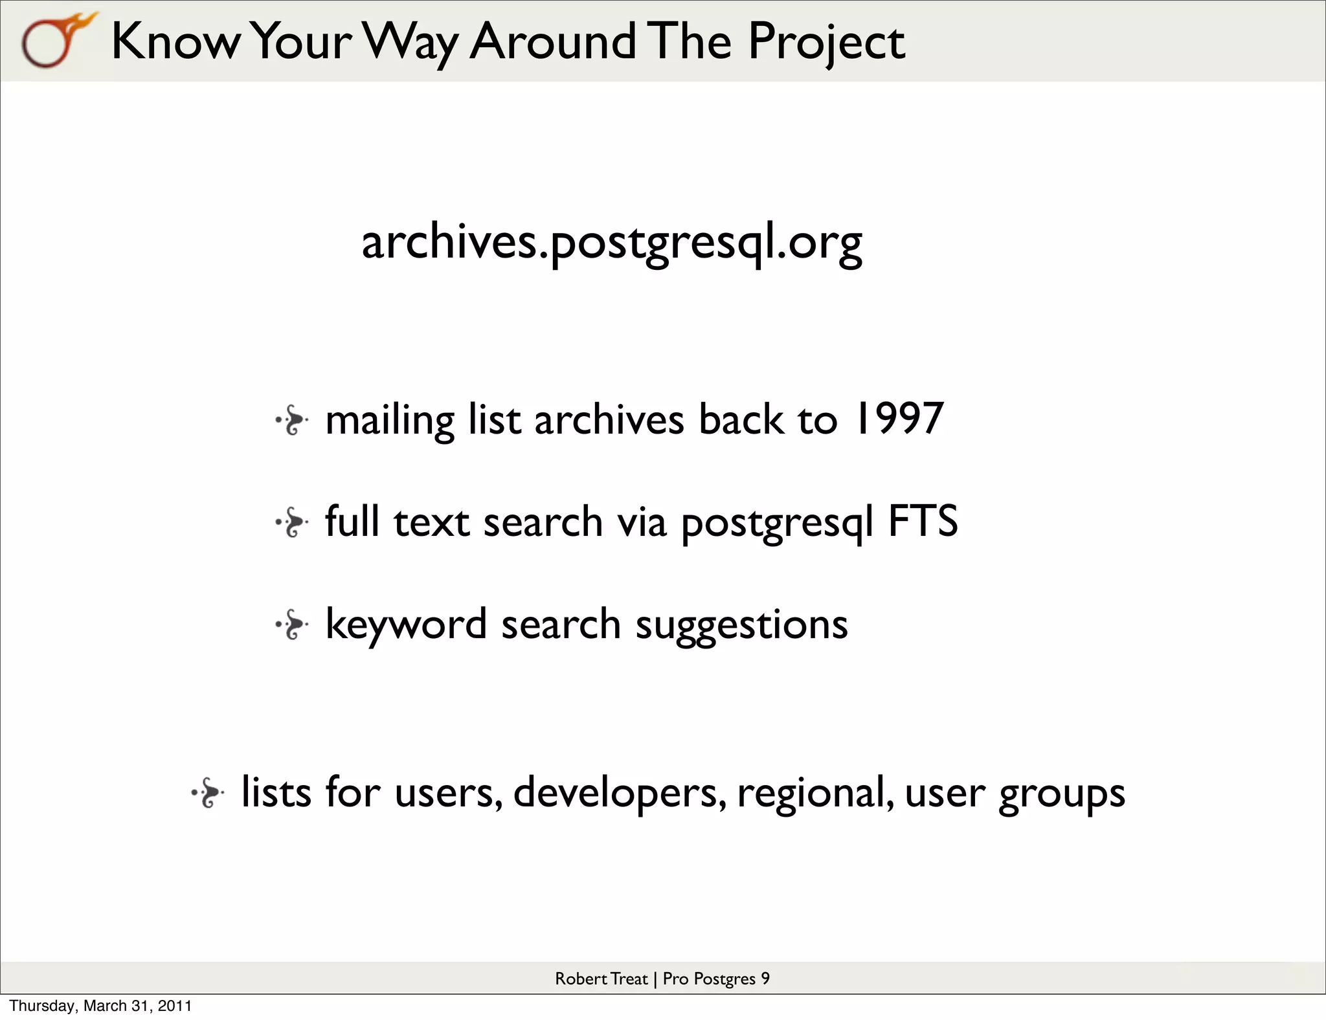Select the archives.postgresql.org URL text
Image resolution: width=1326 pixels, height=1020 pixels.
611,242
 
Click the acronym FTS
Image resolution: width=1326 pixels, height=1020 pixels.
922,521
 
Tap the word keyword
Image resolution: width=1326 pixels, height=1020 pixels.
405,625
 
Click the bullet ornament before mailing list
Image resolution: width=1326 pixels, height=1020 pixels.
292,421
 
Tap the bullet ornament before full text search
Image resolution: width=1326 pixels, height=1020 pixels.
292,523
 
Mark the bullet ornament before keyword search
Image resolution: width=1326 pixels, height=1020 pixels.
292,625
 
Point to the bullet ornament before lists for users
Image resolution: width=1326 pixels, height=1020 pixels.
208,793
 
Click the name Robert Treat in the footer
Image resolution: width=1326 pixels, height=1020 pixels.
601,979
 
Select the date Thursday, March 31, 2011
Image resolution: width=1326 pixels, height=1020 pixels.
100,1006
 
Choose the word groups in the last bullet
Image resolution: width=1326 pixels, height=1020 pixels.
1062,793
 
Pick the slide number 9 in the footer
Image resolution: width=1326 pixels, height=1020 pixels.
765,979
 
